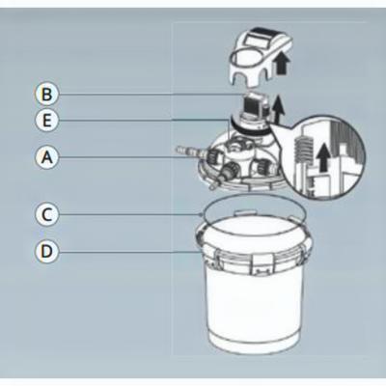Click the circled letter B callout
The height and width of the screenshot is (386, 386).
click(x=46, y=95)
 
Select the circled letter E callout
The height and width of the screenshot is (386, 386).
click(x=46, y=121)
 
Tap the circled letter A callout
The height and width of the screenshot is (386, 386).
click(x=46, y=157)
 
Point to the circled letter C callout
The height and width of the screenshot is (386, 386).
click(x=46, y=214)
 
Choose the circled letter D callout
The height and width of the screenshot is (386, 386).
click(x=46, y=251)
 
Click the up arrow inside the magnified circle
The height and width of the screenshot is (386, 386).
click(x=325, y=157)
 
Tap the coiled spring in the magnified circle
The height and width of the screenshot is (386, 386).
click(x=303, y=146)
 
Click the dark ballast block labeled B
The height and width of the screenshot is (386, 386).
click(x=254, y=105)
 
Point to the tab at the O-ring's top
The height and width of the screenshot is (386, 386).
click(x=244, y=212)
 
